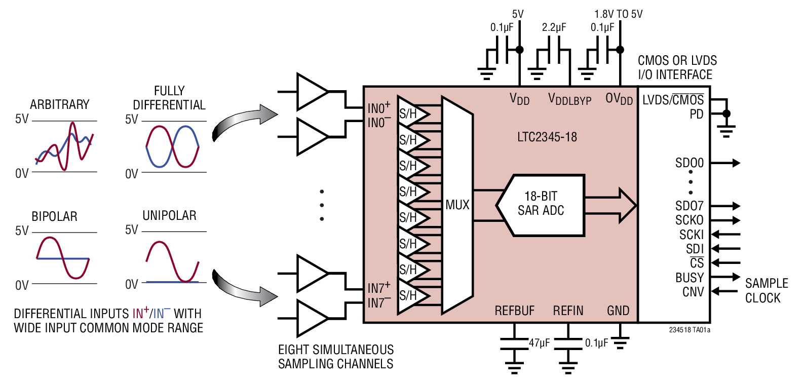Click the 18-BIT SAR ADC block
(541, 204)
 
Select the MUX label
(457, 205)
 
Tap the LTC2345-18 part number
(547, 137)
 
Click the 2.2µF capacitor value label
(554, 28)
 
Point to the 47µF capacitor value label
(539, 343)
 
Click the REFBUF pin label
(514, 311)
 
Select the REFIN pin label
(568, 311)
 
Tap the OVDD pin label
(619, 99)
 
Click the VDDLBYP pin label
(569, 99)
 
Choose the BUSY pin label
(689, 278)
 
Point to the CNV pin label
(693, 292)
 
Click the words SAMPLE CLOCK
(766, 290)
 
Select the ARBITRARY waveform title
(59, 105)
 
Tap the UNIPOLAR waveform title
(169, 216)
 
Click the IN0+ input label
(378, 108)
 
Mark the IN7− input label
(378, 303)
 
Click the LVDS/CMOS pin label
(673, 100)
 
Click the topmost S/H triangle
(411, 113)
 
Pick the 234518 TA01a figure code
(689, 330)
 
